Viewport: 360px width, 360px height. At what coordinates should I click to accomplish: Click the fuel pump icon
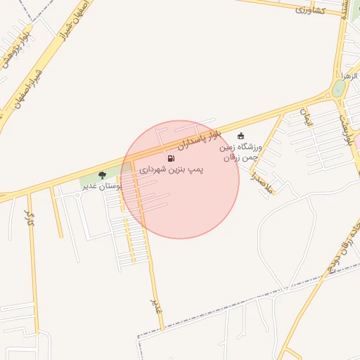[x=172, y=158]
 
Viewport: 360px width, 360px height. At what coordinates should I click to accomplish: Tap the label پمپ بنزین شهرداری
[x=171, y=170]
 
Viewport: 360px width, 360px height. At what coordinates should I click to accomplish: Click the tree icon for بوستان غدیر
[x=103, y=175]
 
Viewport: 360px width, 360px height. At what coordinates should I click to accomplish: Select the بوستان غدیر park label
[x=103, y=186]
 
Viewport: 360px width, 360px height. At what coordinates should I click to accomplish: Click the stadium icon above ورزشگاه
[x=241, y=136]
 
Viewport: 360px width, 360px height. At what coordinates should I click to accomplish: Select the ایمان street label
[x=307, y=117]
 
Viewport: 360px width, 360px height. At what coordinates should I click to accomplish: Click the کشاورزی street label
[x=310, y=10]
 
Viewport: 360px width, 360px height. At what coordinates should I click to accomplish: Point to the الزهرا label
[x=349, y=75]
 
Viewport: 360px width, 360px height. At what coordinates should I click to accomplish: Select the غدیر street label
[x=157, y=307]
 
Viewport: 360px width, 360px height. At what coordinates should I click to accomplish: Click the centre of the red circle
[x=180, y=179]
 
